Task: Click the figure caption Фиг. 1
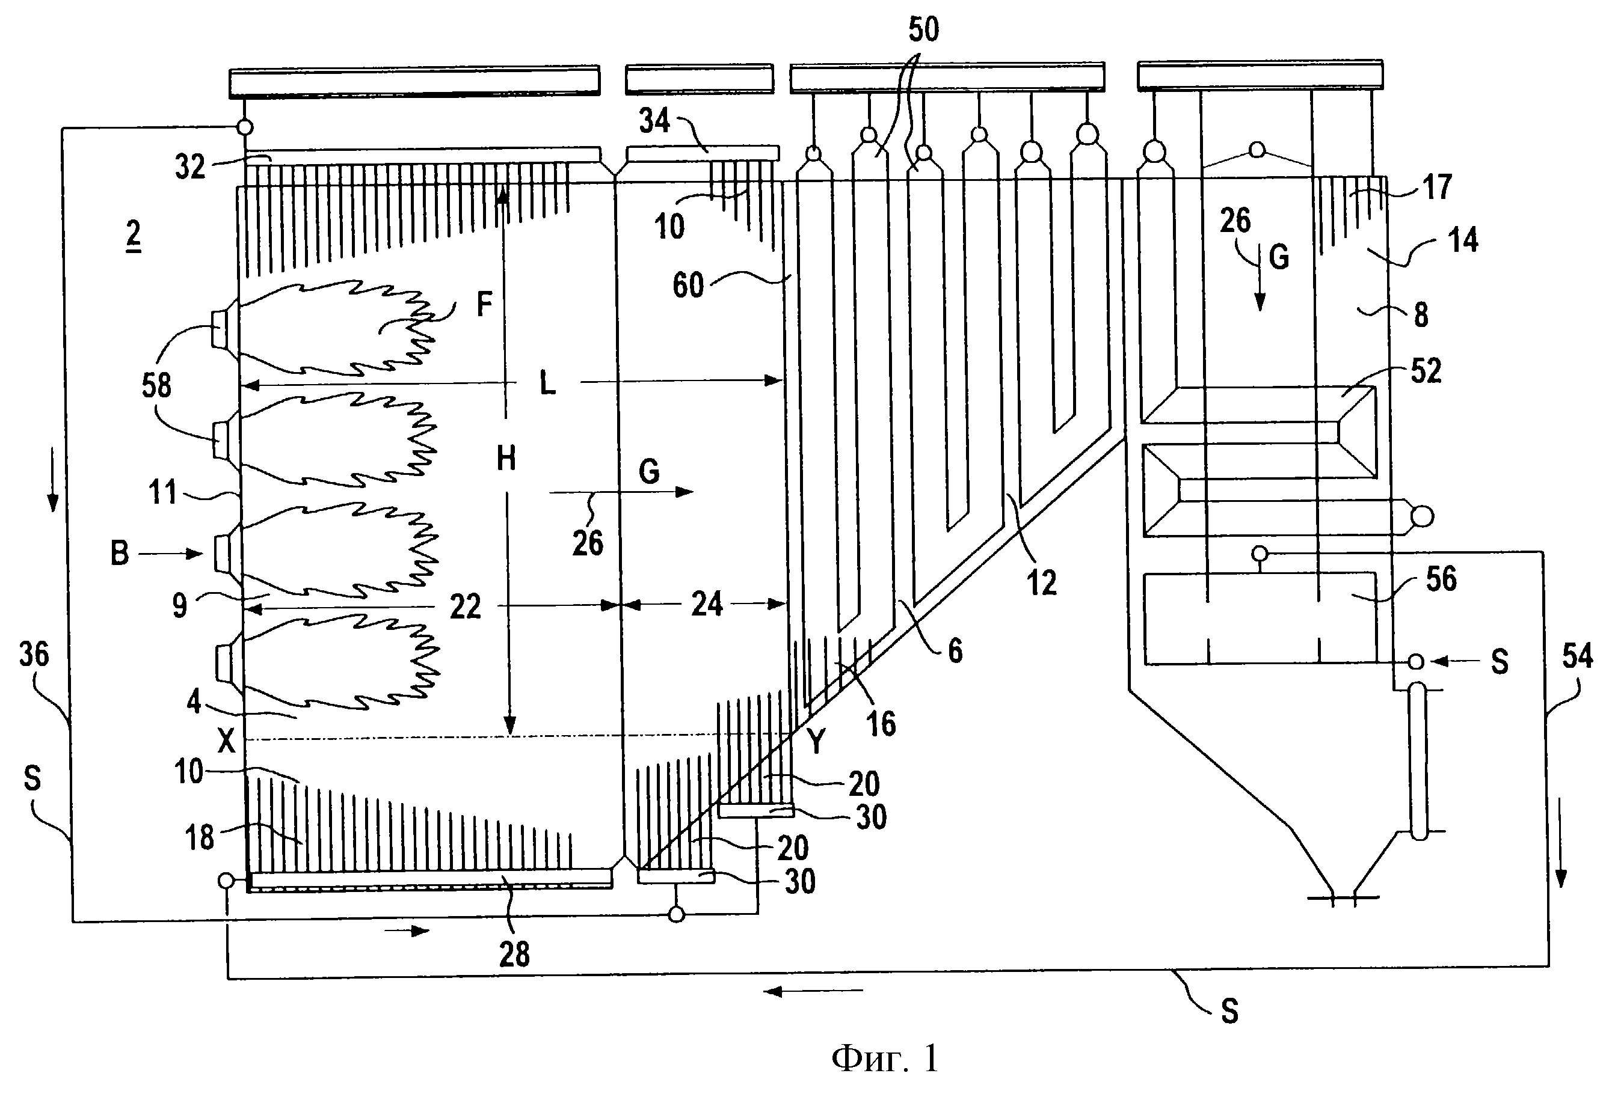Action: (x=885, y=1058)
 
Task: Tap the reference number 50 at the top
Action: (x=923, y=30)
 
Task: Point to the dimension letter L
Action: (x=547, y=383)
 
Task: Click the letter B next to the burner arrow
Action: (x=120, y=554)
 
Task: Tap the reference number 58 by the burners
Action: (x=156, y=385)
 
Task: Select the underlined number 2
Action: (x=134, y=235)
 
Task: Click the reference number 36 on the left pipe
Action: (x=35, y=655)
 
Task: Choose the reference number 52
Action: (x=1426, y=371)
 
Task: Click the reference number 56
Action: (x=1441, y=578)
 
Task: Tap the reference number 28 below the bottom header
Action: (x=514, y=954)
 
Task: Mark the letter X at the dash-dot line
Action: (x=226, y=742)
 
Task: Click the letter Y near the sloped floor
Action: (x=817, y=742)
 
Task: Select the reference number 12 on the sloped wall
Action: (x=1041, y=582)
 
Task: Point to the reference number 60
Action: (x=688, y=285)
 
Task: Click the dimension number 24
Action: (x=707, y=604)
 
